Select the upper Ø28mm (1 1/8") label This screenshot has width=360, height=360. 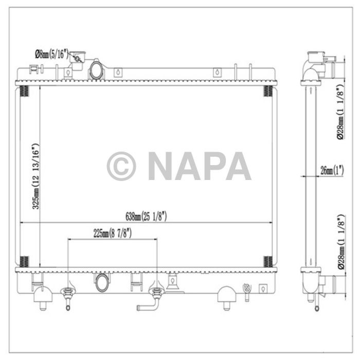pos(340,113)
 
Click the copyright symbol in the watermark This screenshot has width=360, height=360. pos(121,166)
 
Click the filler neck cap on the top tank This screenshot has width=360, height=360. pos(78,58)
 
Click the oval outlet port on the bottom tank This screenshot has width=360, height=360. pos(101,282)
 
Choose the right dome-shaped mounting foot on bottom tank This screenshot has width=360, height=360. pos(227,295)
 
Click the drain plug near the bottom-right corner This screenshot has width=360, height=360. pos(246,291)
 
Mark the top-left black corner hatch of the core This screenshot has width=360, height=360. pos(24,91)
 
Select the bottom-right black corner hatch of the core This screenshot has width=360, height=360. pos(268,261)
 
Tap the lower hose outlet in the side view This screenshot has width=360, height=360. pos(329,283)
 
